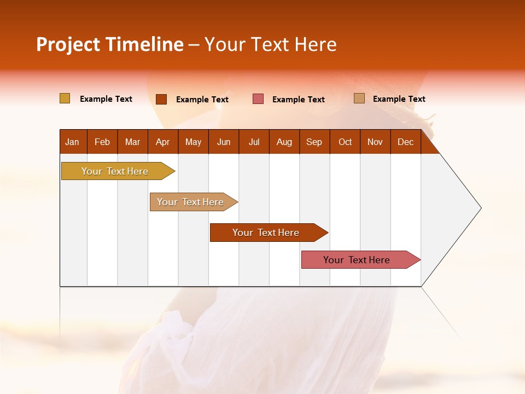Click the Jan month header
pyautogui.click(x=72, y=142)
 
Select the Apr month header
pyautogui.click(x=162, y=142)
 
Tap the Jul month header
pyautogui.click(x=254, y=142)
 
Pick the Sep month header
pyautogui.click(x=314, y=142)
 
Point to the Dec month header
pyautogui.click(x=405, y=142)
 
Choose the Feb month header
pyautogui.click(x=102, y=142)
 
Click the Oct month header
pyautogui.click(x=345, y=142)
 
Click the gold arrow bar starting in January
pyautogui.click(x=115, y=171)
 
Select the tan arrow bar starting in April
pyautogui.click(x=190, y=202)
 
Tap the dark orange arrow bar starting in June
pyautogui.click(x=266, y=233)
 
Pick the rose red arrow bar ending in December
pyautogui.click(x=357, y=260)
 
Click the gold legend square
pyautogui.click(x=65, y=99)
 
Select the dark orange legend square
pyautogui.click(x=161, y=99)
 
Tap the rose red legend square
pyautogui.click(x=258, y=99)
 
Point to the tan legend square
pyautogui.click(x=359, y=99)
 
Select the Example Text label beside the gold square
pyautogui.click(x=106, y=99)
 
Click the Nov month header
pyautogui.click(x=375, y=142)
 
